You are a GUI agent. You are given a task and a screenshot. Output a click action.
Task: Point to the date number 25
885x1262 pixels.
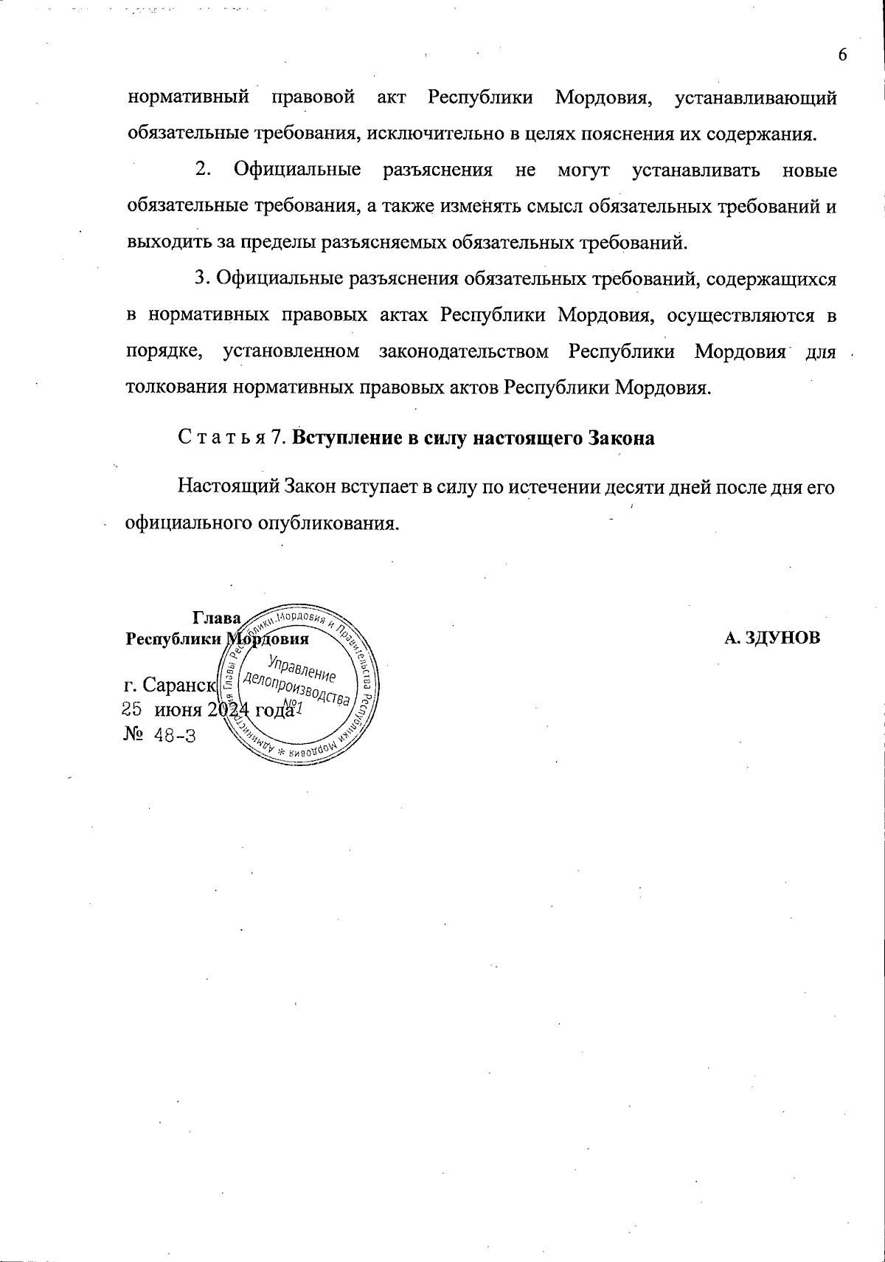point(131,709)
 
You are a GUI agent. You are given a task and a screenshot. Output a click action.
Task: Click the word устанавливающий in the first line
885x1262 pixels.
point(756,98)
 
